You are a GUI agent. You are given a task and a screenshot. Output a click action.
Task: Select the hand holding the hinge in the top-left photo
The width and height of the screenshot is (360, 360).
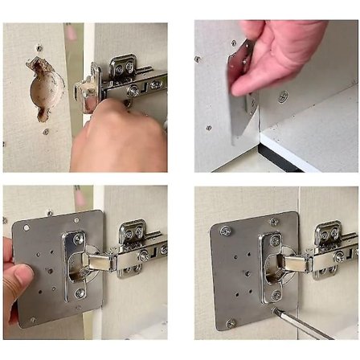(121, 137)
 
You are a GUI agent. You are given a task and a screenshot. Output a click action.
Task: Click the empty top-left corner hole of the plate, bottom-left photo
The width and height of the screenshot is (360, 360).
(27, 227)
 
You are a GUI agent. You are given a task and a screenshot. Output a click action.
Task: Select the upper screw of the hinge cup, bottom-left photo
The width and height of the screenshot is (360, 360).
(78, 239)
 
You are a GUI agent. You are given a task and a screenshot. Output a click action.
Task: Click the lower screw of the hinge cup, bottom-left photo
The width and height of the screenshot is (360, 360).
(80, 293)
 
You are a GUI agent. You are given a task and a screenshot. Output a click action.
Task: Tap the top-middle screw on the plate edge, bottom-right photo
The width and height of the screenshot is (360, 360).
(272, 222)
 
